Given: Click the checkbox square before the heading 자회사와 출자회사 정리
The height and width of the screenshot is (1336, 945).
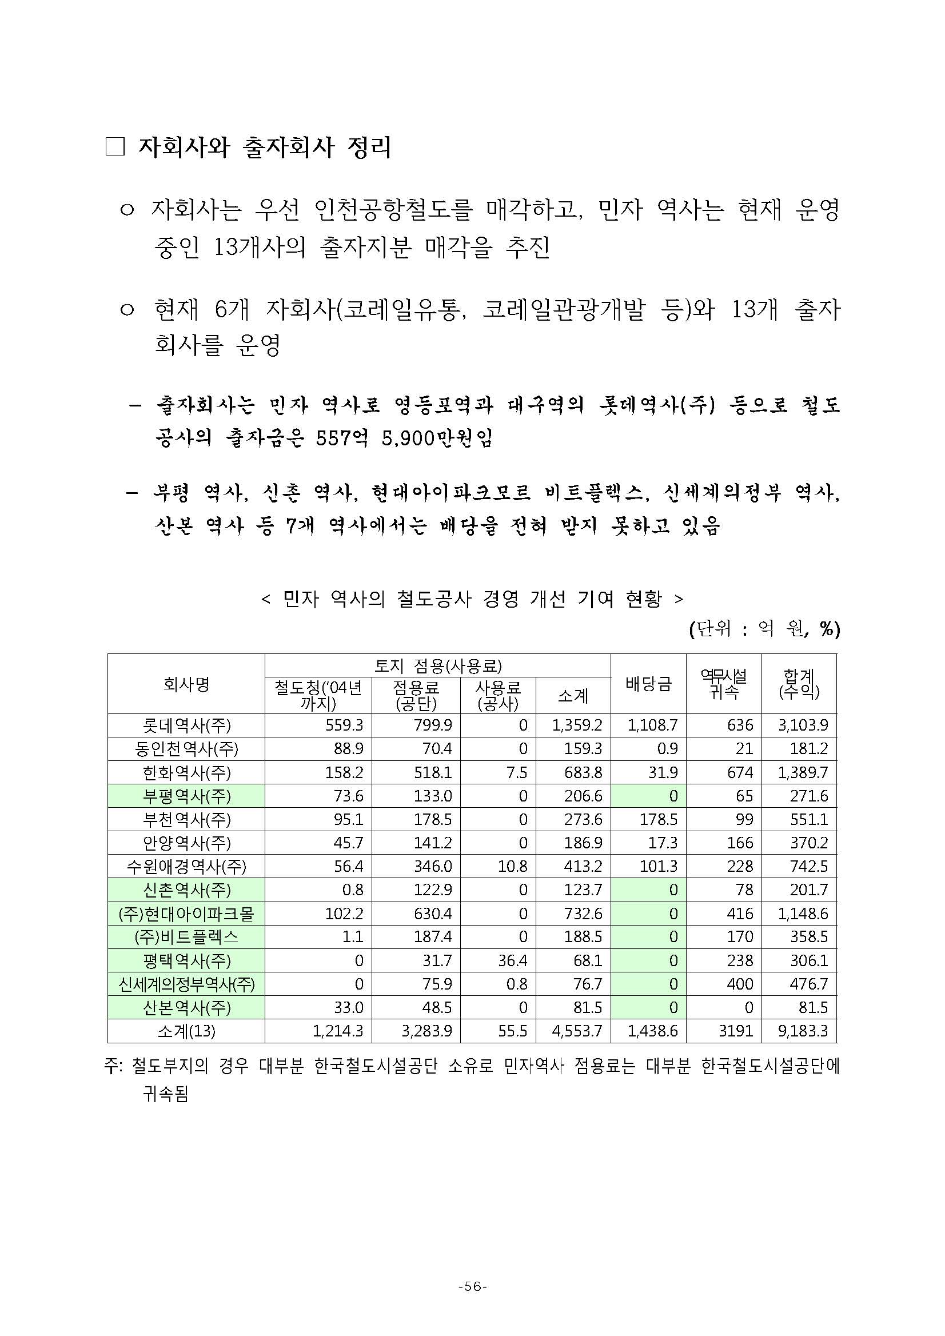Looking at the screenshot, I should click(x=115, y=147).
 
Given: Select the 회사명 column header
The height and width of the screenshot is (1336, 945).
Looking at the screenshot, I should click(x=186, y=684).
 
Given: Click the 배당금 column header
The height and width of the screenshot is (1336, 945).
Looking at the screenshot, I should click(x=648, y=684).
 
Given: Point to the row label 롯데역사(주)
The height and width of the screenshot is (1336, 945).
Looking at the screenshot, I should click(x=186, y=725).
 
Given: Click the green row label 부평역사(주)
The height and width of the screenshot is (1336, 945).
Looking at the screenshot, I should click(x=186, y=796).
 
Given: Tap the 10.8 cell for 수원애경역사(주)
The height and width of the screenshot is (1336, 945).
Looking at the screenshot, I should click(x=512, y=867).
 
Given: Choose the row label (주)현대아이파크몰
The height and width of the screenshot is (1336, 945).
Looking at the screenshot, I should click(x=186, y=914).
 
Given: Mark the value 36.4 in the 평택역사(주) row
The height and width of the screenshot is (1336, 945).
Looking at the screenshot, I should click(x=512, y=960).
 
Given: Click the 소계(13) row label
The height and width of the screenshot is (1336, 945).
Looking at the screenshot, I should click(x=186, y=1032).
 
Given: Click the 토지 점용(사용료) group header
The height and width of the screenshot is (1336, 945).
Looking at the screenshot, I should click(x=437, y=665).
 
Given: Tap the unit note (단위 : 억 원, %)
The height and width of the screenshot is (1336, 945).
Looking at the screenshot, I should click(x=764, y=629).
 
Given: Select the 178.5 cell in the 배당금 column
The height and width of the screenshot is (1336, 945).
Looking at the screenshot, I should click(x=658, y=819).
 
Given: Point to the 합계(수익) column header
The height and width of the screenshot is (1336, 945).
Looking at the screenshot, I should click(x=799, y=684).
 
